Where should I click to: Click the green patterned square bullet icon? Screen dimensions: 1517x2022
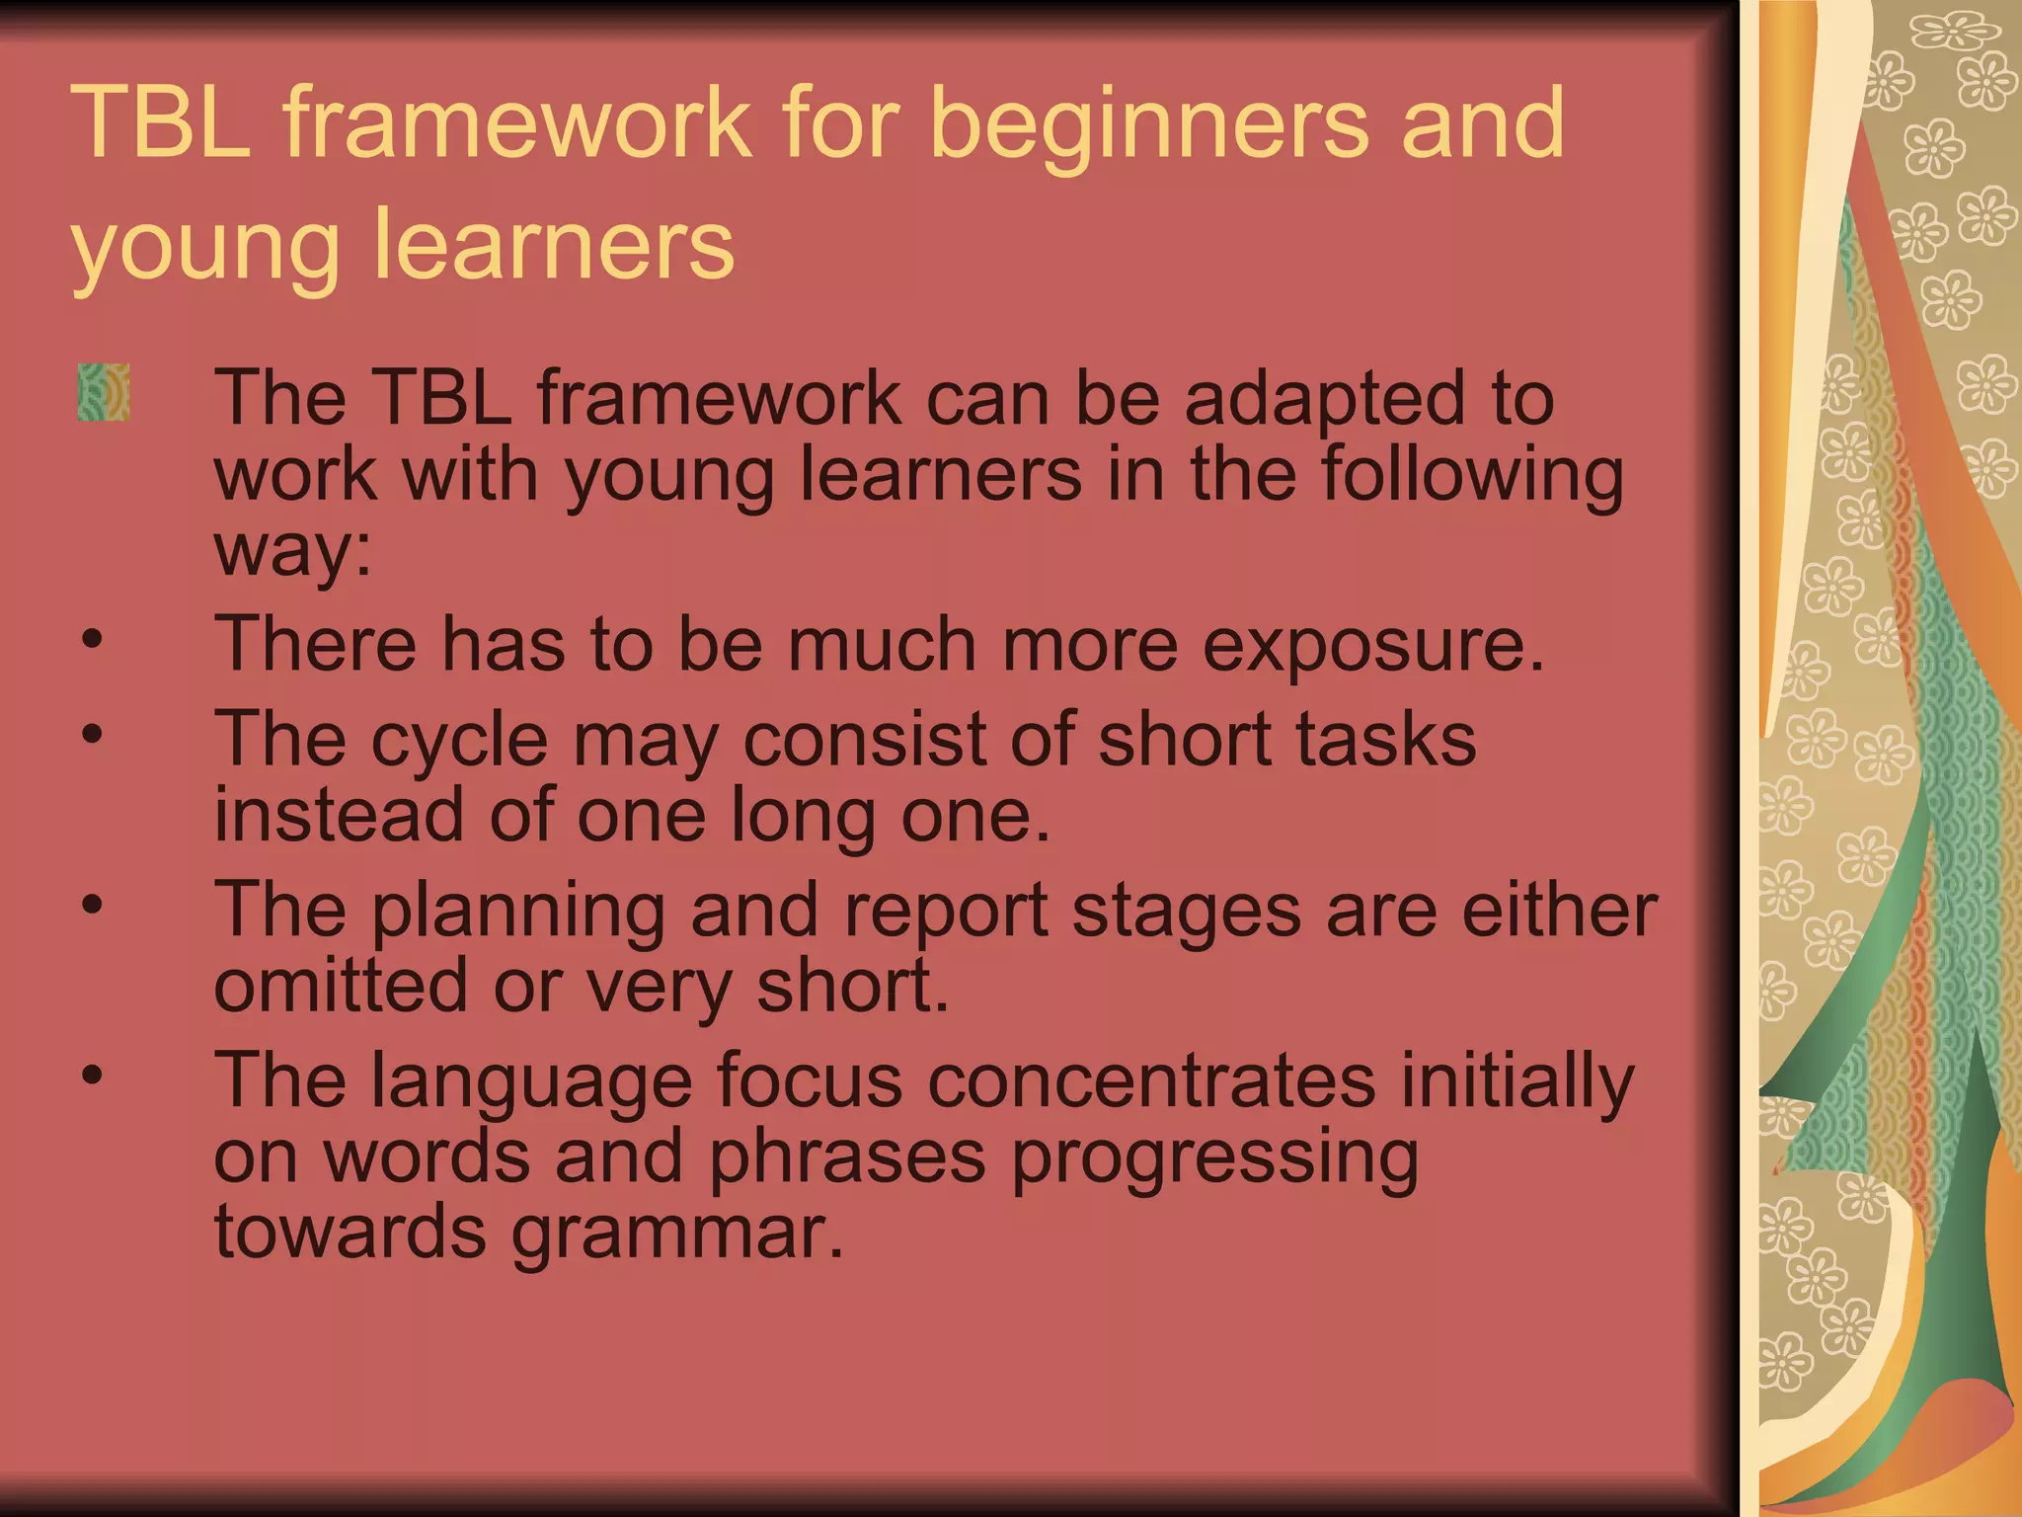(x=104, y=393)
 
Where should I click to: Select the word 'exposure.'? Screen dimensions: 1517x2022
(x=1373, y=644)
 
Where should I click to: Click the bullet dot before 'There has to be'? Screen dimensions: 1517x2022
(x=92, y=639)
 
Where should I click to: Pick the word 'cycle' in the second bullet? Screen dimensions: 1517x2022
(x=459, y=739)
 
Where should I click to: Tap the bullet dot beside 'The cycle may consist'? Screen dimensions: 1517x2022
(x=92, y=734)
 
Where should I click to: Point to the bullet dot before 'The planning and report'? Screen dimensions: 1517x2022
(x=92, y=905)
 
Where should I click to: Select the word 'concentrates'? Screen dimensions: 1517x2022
(x=1151, y=1079)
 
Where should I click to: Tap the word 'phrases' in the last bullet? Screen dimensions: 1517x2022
(x=847, y=1156)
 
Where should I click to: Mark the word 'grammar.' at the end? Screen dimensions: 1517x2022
(x=677, y=1234)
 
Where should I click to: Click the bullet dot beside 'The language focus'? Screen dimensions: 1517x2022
(x=92, y=1075)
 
